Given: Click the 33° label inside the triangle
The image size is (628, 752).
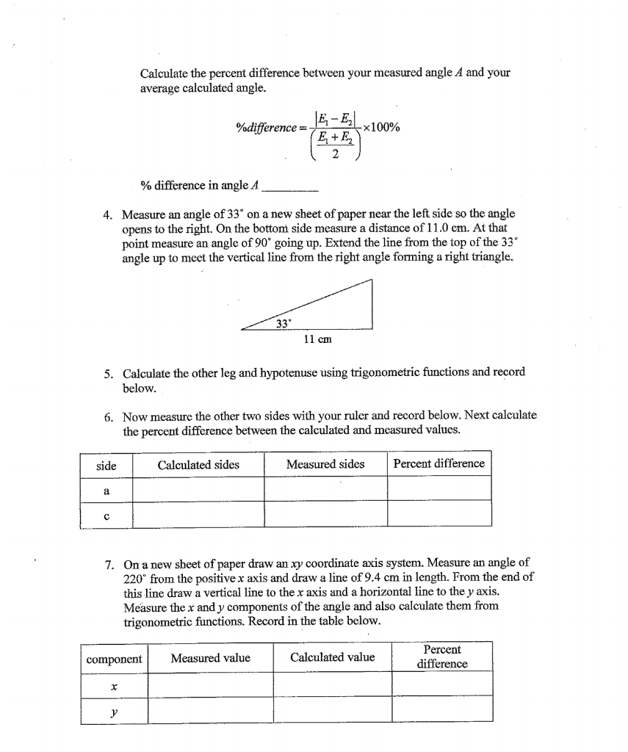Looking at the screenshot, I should (x=284, y=323).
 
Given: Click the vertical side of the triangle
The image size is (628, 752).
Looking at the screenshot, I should (x=372, y=305).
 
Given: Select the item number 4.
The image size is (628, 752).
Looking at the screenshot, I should (x=107, y=214).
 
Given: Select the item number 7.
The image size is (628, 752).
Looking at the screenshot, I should (x=107, y=565).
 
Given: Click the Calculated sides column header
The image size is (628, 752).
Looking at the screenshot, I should (x=198, y=464).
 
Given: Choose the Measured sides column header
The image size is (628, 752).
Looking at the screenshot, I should (x=325, y=464).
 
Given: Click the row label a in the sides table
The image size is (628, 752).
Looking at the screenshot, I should (x=106, y=489).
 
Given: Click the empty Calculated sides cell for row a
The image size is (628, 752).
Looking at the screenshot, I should (x=198, y=489).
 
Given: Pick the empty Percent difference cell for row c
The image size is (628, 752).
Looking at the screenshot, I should (x=438, y=514).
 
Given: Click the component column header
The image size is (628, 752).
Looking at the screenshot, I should (x=114, y=658).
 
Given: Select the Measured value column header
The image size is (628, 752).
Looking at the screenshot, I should (x=210, y=658).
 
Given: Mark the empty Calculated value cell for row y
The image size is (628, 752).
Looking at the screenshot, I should (x=332, y=710).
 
